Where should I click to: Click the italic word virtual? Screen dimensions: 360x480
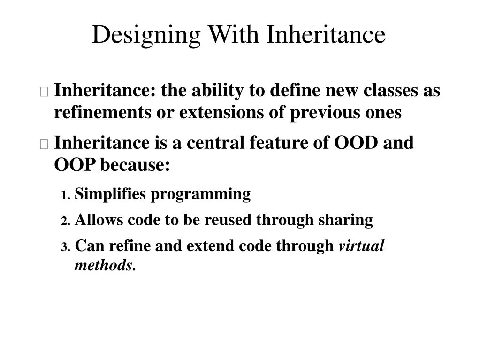(361, 245)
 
